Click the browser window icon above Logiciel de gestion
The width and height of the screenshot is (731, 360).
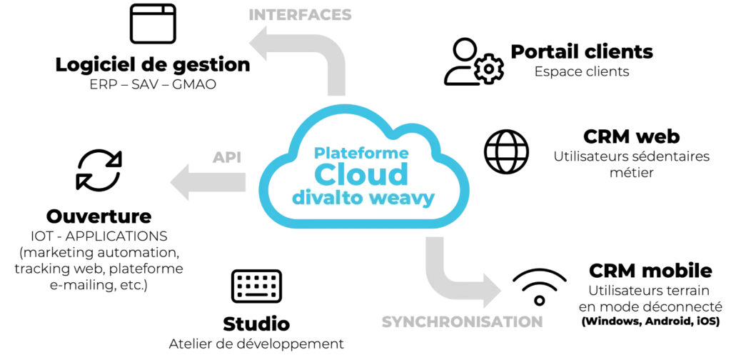[x=153, y=24]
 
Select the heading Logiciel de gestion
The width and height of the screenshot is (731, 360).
[x=153, y=65]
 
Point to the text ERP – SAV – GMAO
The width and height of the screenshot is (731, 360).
[x=153, y=85]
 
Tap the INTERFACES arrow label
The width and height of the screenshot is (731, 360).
[x=300, y=15]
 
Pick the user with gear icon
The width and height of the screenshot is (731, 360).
[x=473, y=61]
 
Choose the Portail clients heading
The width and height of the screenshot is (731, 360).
[x=582, y=51]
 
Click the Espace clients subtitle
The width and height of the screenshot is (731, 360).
[x=582, y=72]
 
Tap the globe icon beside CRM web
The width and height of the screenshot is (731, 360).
[x=506, y=151]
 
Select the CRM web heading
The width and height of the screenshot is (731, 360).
[x=631, y=136]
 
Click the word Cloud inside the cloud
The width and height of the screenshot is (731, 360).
[x=361, y=174]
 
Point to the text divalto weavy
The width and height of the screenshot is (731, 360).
[x=363, y=197]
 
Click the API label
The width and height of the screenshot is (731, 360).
[x=227, y=158]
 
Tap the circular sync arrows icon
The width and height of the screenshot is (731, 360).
[x=99, y=170]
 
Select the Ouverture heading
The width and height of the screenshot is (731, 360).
[x=99, y=216]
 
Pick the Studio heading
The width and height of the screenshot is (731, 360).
[x=256, y=324]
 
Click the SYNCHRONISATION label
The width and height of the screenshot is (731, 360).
[x=463, y=321]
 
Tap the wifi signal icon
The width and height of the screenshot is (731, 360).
[x=540, y=286]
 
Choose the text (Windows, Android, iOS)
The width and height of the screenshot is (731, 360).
[x=650, y=321]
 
